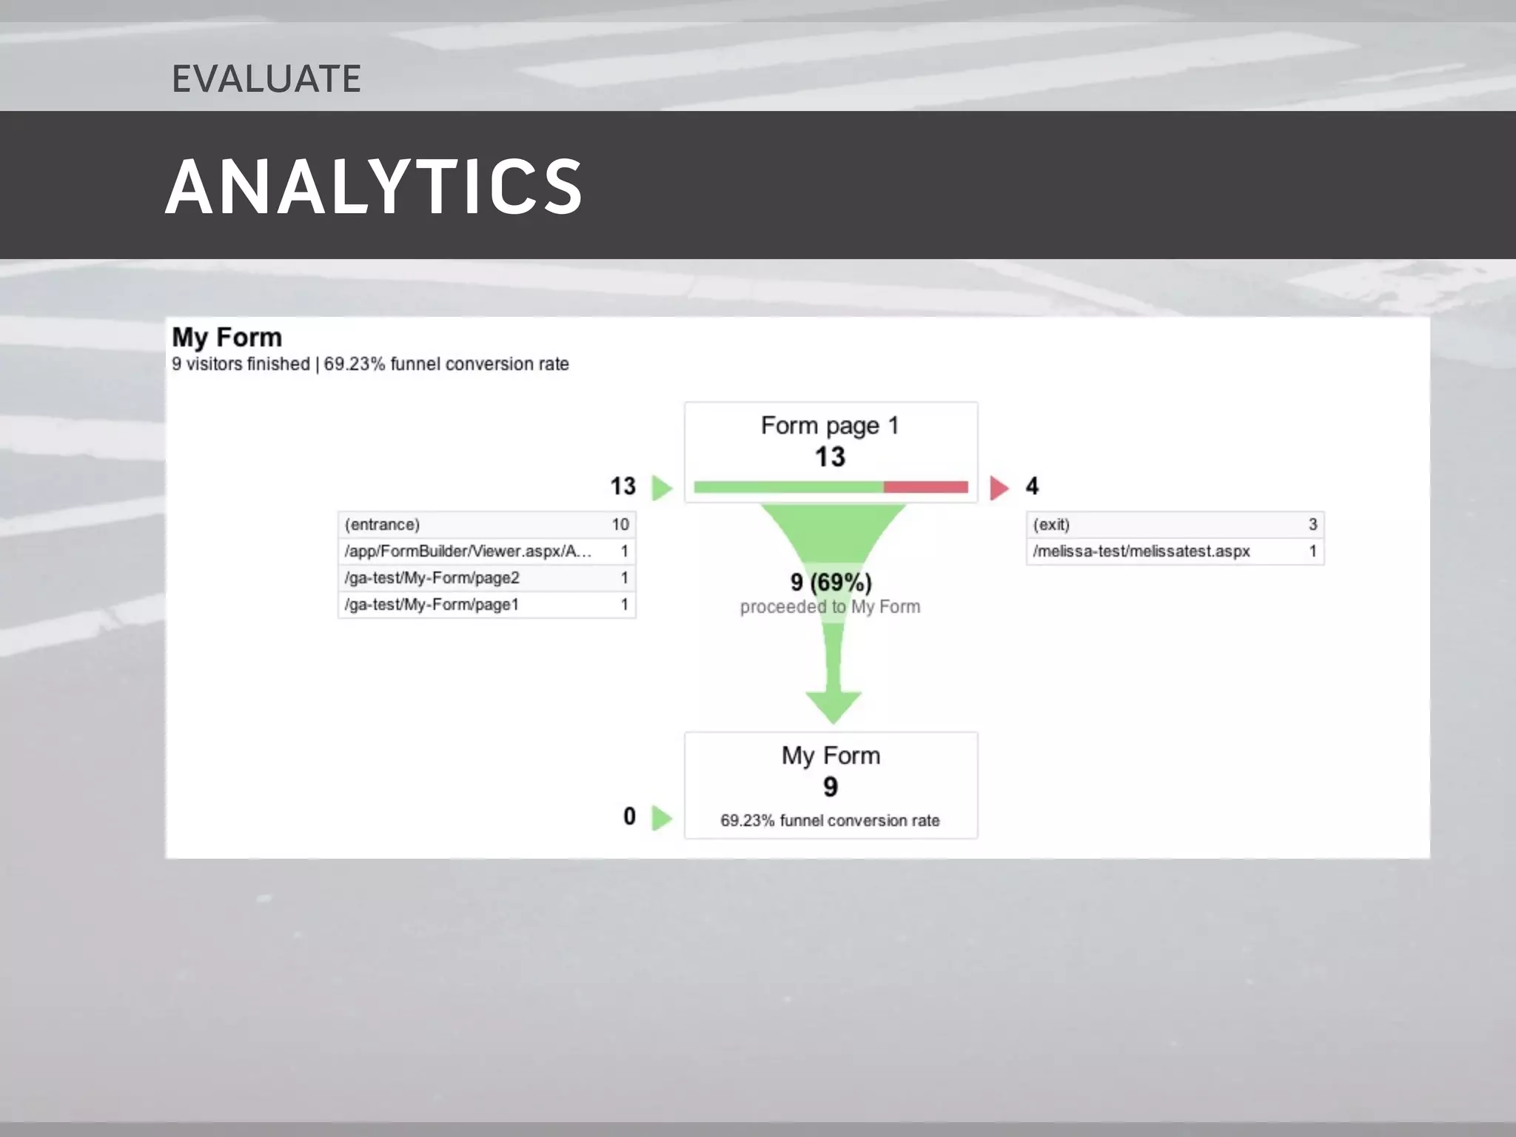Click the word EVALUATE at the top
tap(266, 78)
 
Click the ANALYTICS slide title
tap(374, 187)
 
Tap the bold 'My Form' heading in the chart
tap(227, 338)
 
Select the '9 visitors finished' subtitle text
tap(241, 364)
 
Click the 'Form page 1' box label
tap(830, 426)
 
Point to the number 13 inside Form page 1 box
tap(830, 457)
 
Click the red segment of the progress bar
tap(925, 486)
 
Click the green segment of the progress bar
tap(788, 486)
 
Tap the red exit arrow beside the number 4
tap(999, 488)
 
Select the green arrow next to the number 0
tap(662, 818)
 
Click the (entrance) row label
tap(382, 525)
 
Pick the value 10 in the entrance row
tap(620, 525)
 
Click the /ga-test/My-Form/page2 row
tap(432, 578)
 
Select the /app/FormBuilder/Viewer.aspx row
tap(468, 551)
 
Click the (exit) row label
tap(1051, 525)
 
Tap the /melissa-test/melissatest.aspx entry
tap(1141, 551)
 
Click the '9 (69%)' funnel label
tap(831, 583)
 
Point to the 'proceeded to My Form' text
tap(830, 607)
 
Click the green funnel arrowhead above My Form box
tap(834, 707)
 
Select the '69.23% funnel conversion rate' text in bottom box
tap(830, 821)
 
